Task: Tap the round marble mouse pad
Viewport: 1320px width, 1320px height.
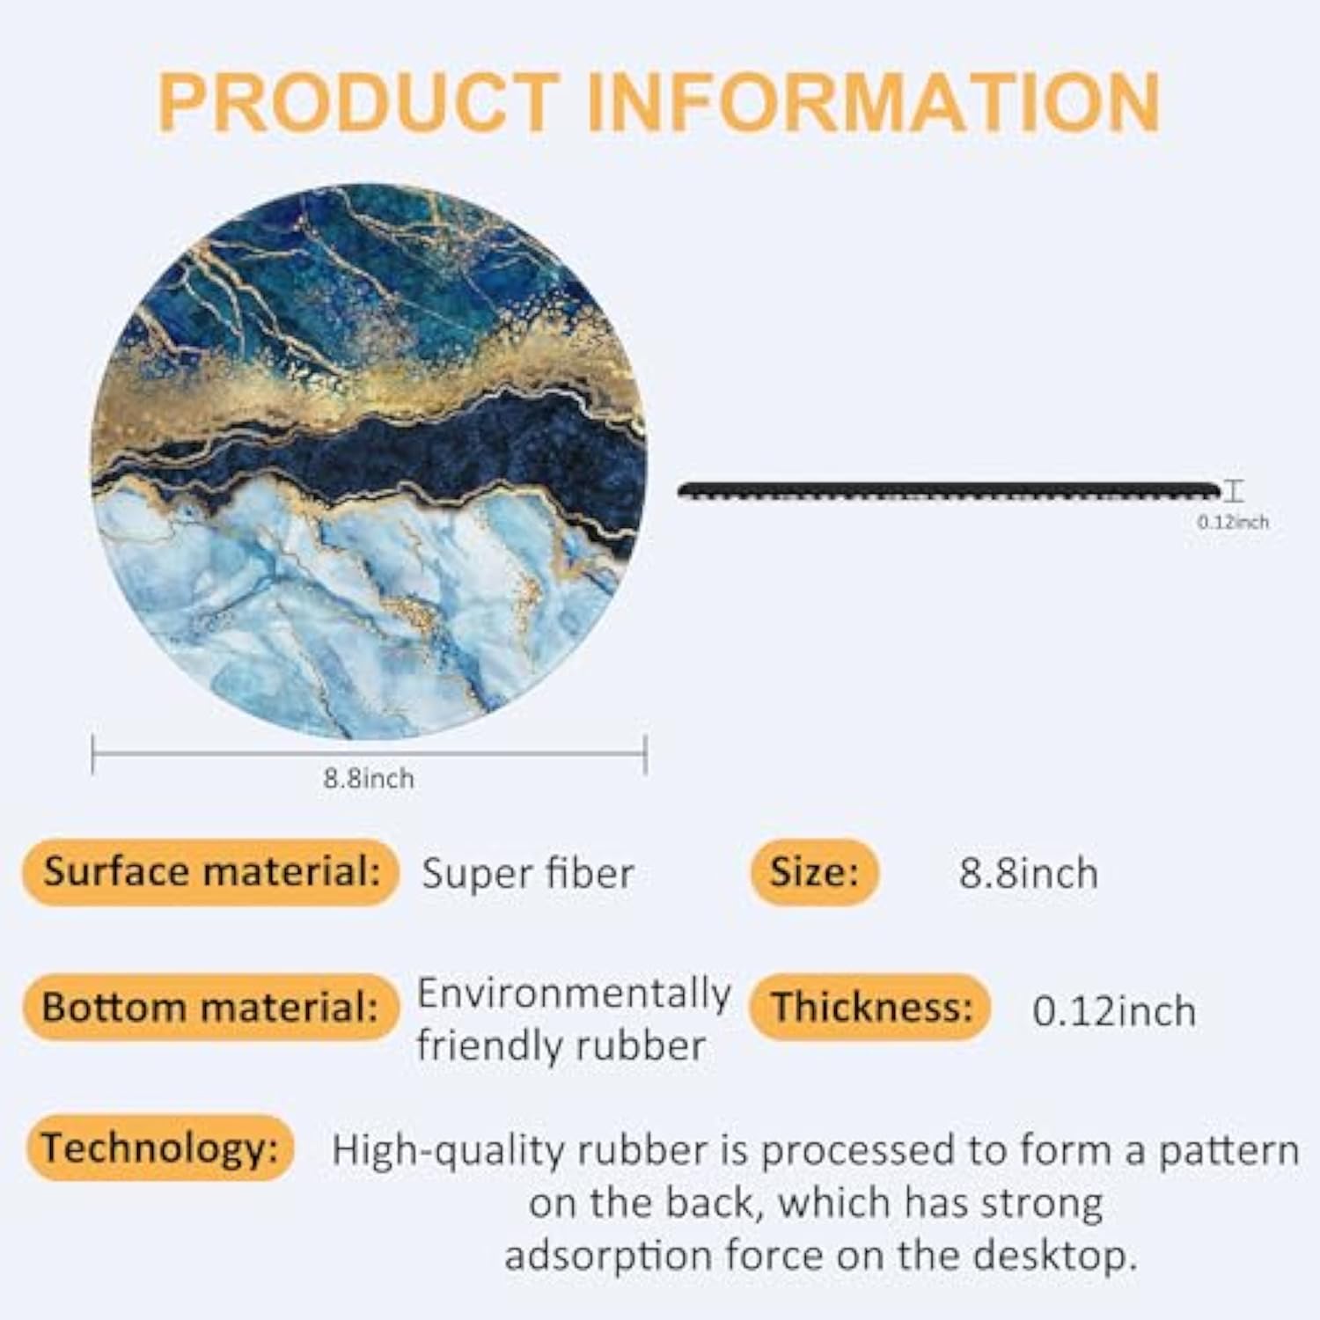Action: click(x=370, y=462)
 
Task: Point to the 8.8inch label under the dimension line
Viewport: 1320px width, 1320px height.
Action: click(x=368, y=779)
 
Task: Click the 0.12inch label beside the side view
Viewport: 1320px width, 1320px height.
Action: click(x=1232, y=522)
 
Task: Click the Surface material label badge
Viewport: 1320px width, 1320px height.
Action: click(x=211, y=871)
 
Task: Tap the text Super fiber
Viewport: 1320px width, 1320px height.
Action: click(x=527, y=874)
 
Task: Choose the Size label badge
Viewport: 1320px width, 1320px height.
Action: click(x=814, y=872)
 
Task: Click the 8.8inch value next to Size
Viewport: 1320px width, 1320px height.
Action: click(x=1028, y=874)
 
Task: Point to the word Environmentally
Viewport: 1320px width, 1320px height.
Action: click(x=574, y=994)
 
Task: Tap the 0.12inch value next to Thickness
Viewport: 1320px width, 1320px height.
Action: click(x=1113, y=1011)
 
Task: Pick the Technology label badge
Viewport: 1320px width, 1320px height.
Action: click(x=159, y=1148)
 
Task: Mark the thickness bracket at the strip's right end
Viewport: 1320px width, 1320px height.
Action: click(x=1236, y=491)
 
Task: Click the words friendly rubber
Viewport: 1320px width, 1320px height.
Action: click(x=561, y=1046)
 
